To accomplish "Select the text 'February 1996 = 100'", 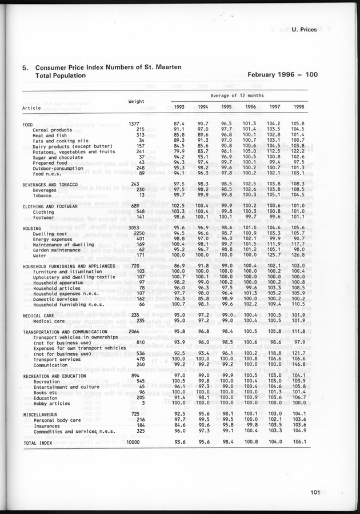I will (x=282, y=75).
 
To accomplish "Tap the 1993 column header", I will (x=179, y=106).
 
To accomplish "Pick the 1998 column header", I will (x=297, y=106).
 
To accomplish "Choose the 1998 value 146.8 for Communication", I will (x=297, y=364).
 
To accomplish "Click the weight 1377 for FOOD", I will (x=134, y=123).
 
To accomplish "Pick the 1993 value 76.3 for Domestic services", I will (x=179, y=298).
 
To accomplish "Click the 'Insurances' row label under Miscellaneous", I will (x=46, y=425).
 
